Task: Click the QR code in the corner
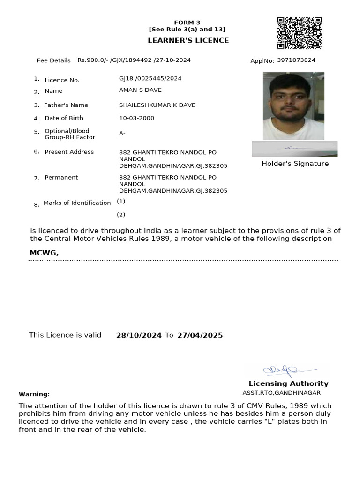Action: (299, 33)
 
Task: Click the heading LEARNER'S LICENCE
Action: (188, 40)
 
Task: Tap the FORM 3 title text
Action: (187, 22)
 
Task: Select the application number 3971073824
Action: (296, 60)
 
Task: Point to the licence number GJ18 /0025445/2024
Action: (150, 78)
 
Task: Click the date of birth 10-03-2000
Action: (136, 118)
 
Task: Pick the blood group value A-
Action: (122, 134)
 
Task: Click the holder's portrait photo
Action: (293, 106)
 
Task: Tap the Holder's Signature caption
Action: (295, 164)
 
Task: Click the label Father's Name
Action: (66, 105)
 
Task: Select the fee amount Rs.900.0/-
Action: (93, 60)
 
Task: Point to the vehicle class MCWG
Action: (44, 253)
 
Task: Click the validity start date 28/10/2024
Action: (139, 335)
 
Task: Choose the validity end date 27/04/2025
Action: (200, 335)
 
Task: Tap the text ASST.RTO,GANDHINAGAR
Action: (281, 393)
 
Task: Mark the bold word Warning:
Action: (34, 394)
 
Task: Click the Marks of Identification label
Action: (77, 203)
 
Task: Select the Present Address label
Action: (69, 152)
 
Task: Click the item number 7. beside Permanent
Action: (37, 178)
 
